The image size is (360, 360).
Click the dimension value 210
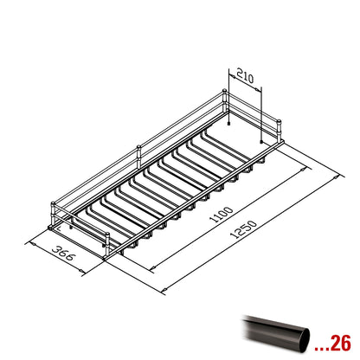pyautogui.click(x=245, y=75)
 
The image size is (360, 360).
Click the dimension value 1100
pyautogui.click(x=222, y=215)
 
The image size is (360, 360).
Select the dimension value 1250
pyautogui.click(x=243, y=229)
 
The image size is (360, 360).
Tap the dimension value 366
pyautogui.click(x=63, y=254)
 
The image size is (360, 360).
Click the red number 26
pyautogui.click(x=340, y=343)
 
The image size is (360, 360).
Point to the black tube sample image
pyautogui.click(x=276, y=333)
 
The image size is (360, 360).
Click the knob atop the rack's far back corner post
pyautogui.click(x=224, y=92)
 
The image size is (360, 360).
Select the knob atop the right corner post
pyautogui.click(x=279, y=121)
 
